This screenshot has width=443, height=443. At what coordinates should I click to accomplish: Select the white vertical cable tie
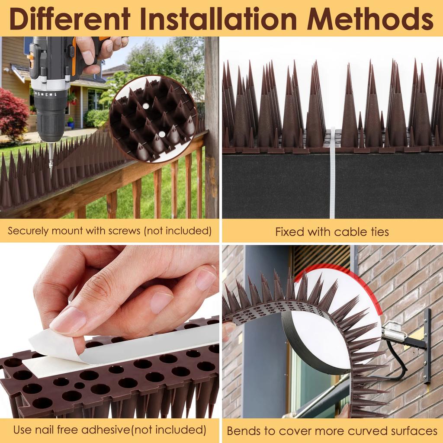pos(332,173)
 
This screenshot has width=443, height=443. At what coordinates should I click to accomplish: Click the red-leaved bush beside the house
pos(13,115)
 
